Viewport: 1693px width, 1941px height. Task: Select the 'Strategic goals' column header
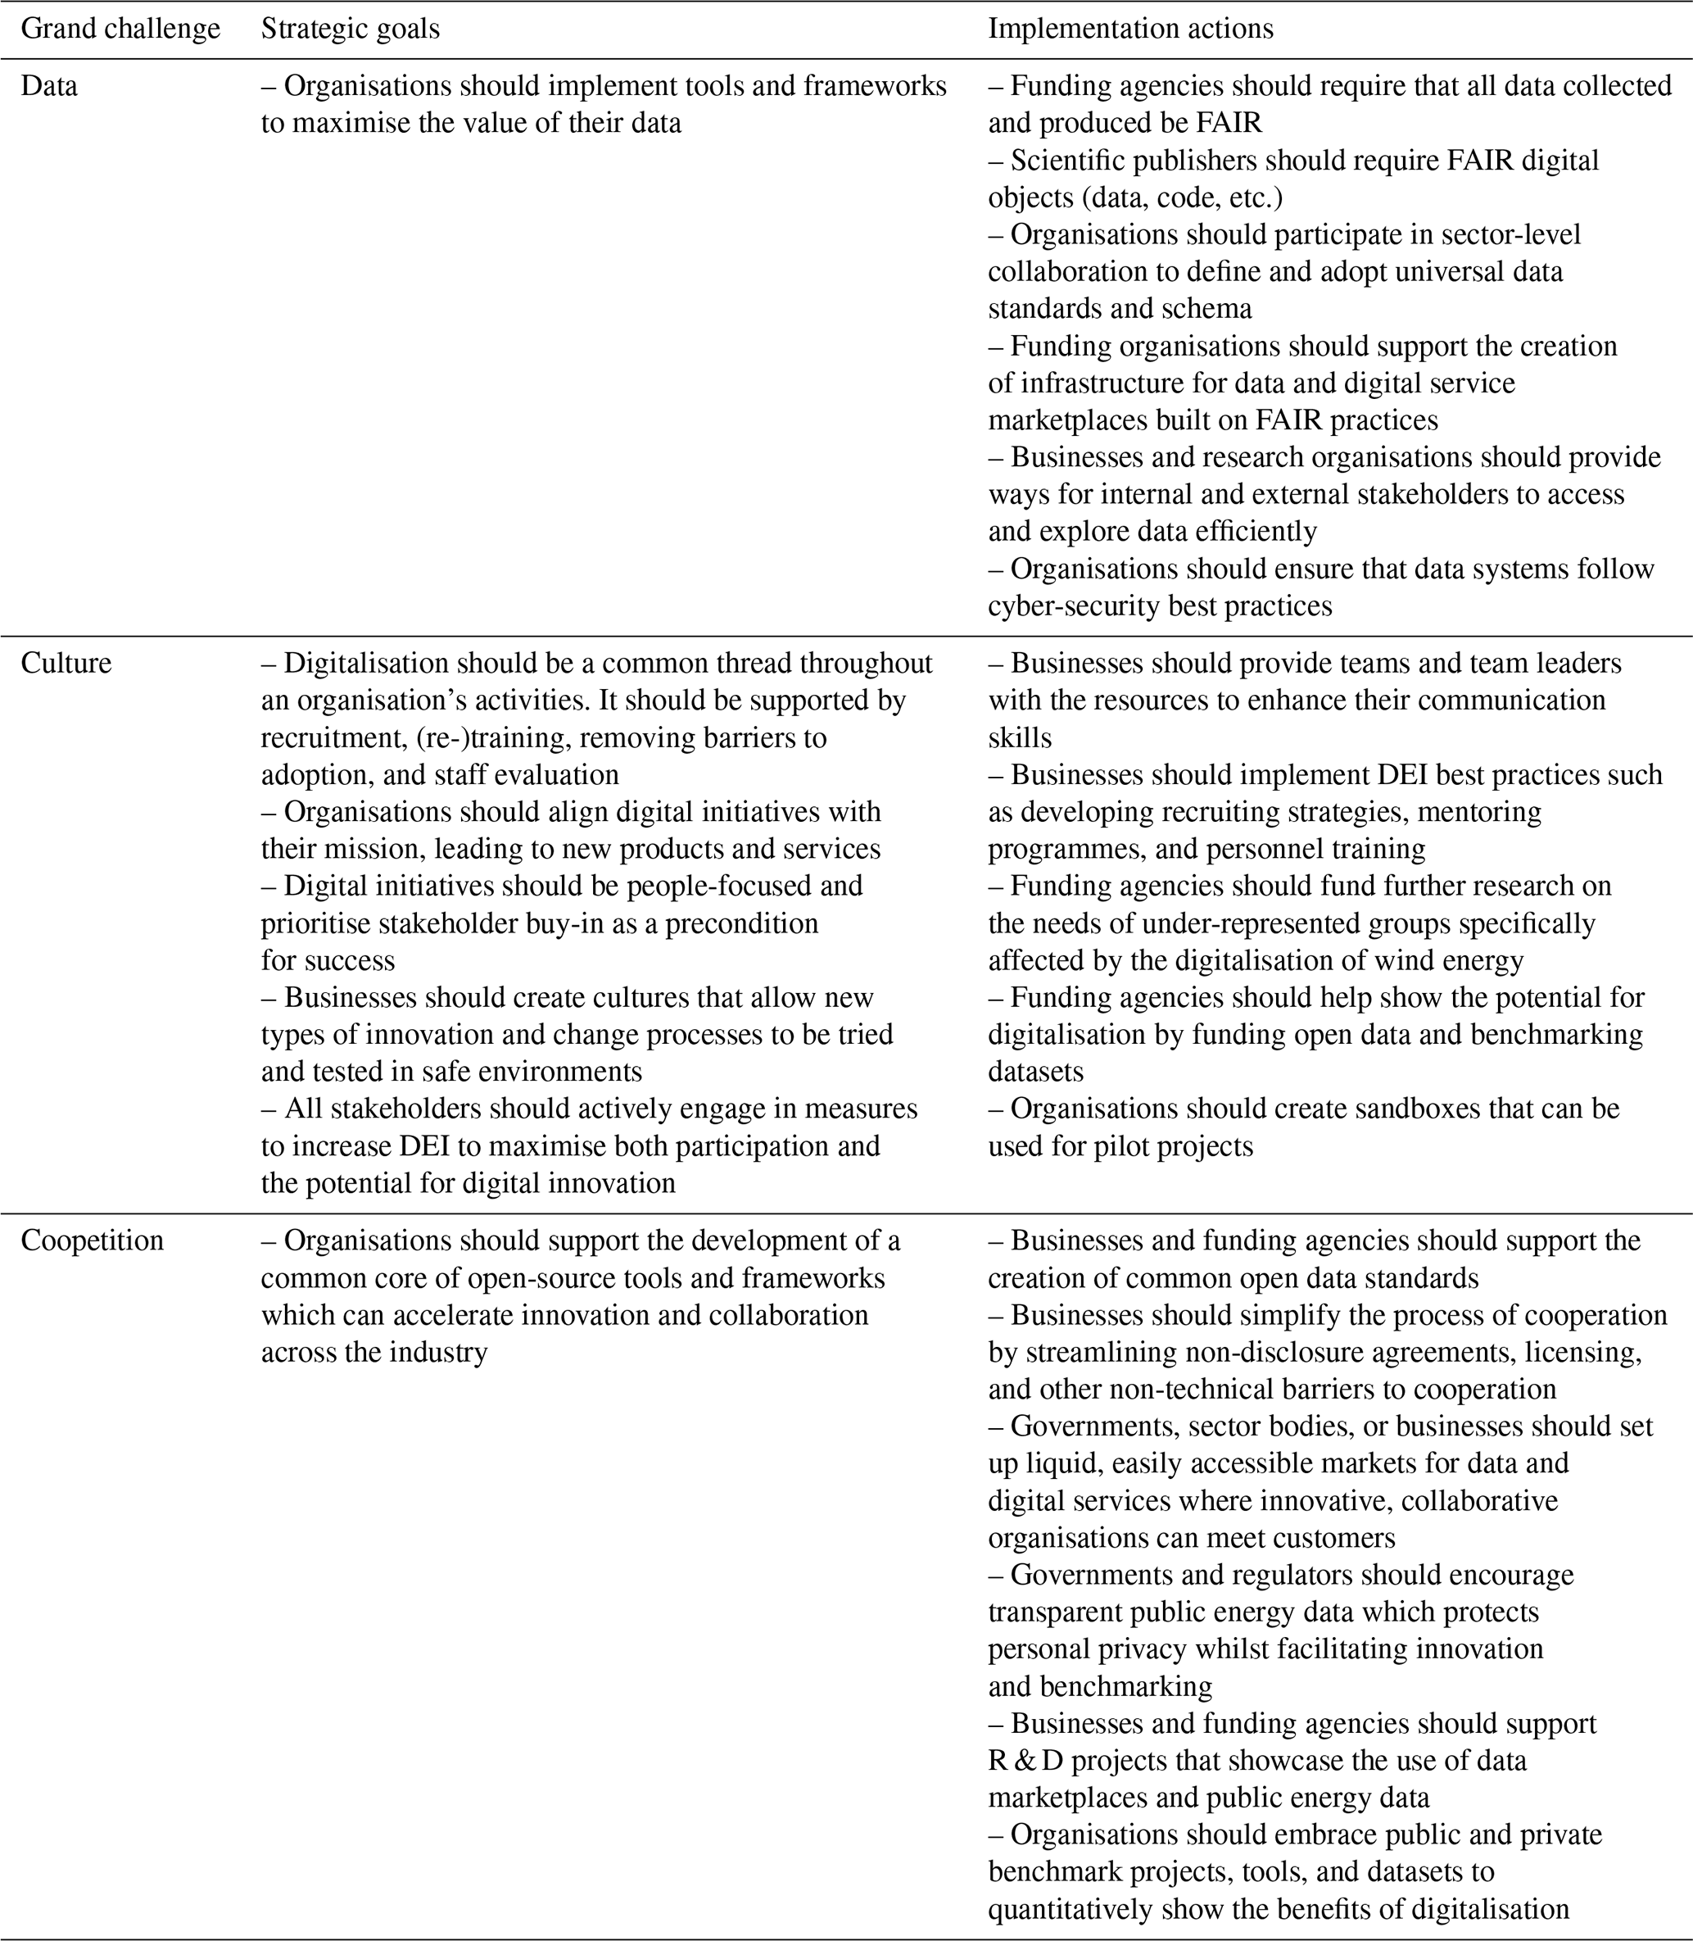coord(351,29)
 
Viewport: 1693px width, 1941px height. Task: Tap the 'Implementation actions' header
coord(1131,29)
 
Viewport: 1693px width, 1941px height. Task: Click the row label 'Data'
coord(49,87)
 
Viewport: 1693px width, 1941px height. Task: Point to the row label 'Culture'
coord(66,664)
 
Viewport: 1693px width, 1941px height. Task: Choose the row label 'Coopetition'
coord(93,1240)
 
